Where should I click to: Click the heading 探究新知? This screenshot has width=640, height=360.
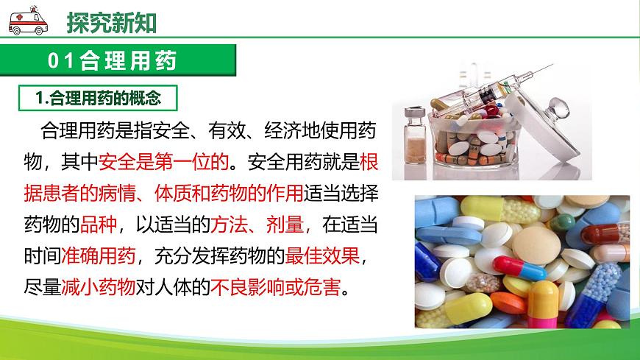[112, 23]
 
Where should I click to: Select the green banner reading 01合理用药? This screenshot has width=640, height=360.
[118, 60]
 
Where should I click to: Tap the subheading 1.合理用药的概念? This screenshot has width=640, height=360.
[99, 97]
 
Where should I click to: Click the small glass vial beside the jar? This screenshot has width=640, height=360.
[416, 135]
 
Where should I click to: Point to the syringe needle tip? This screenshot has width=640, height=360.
[550, 67]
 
